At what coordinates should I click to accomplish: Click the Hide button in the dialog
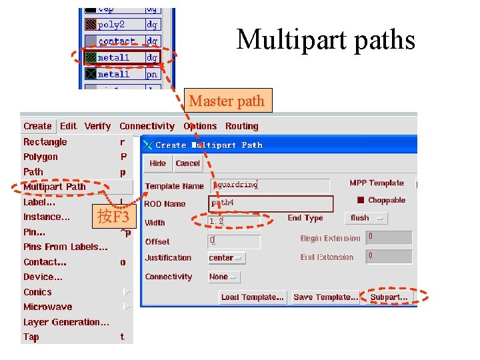[x=158, y=163]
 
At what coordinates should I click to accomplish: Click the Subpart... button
[x=389, y=297]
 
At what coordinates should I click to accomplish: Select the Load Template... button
[x=253, y=297]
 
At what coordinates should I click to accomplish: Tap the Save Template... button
[x=326, y=297]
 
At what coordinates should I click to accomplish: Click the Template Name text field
[x=270, y=185]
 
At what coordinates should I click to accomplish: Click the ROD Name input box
[x=270, y=203]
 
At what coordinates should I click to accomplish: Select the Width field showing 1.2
[x=233, y=221]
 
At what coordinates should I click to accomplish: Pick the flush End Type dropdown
[x=366, y=218]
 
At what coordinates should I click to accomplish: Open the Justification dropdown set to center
[x=226, y=258]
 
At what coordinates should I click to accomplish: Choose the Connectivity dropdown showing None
[x=223, y=277]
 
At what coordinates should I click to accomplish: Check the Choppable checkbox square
[x=361, y=200]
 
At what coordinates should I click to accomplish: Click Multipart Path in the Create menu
[x=55, y=187]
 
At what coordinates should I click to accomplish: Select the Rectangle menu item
[x=45, y=142]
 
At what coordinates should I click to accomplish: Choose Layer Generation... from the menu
[x=66, y=322]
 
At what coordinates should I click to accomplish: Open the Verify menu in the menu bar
[x=97, y=126]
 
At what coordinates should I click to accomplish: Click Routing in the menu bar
[x=241, y=126]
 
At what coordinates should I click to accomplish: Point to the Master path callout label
[x=227, y=101]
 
